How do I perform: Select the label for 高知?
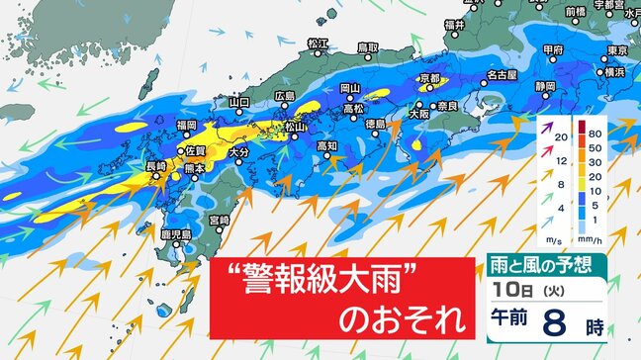(x=326, y=146)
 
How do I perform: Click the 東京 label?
(x=618, y=50)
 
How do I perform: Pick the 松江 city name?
(x=318, y=45)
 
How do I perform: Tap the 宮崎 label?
(x=219, y=219)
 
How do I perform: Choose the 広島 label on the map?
(x=285, y=95)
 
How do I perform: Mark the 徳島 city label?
(x=375, y=124)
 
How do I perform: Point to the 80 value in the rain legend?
(x=596, y=130)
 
